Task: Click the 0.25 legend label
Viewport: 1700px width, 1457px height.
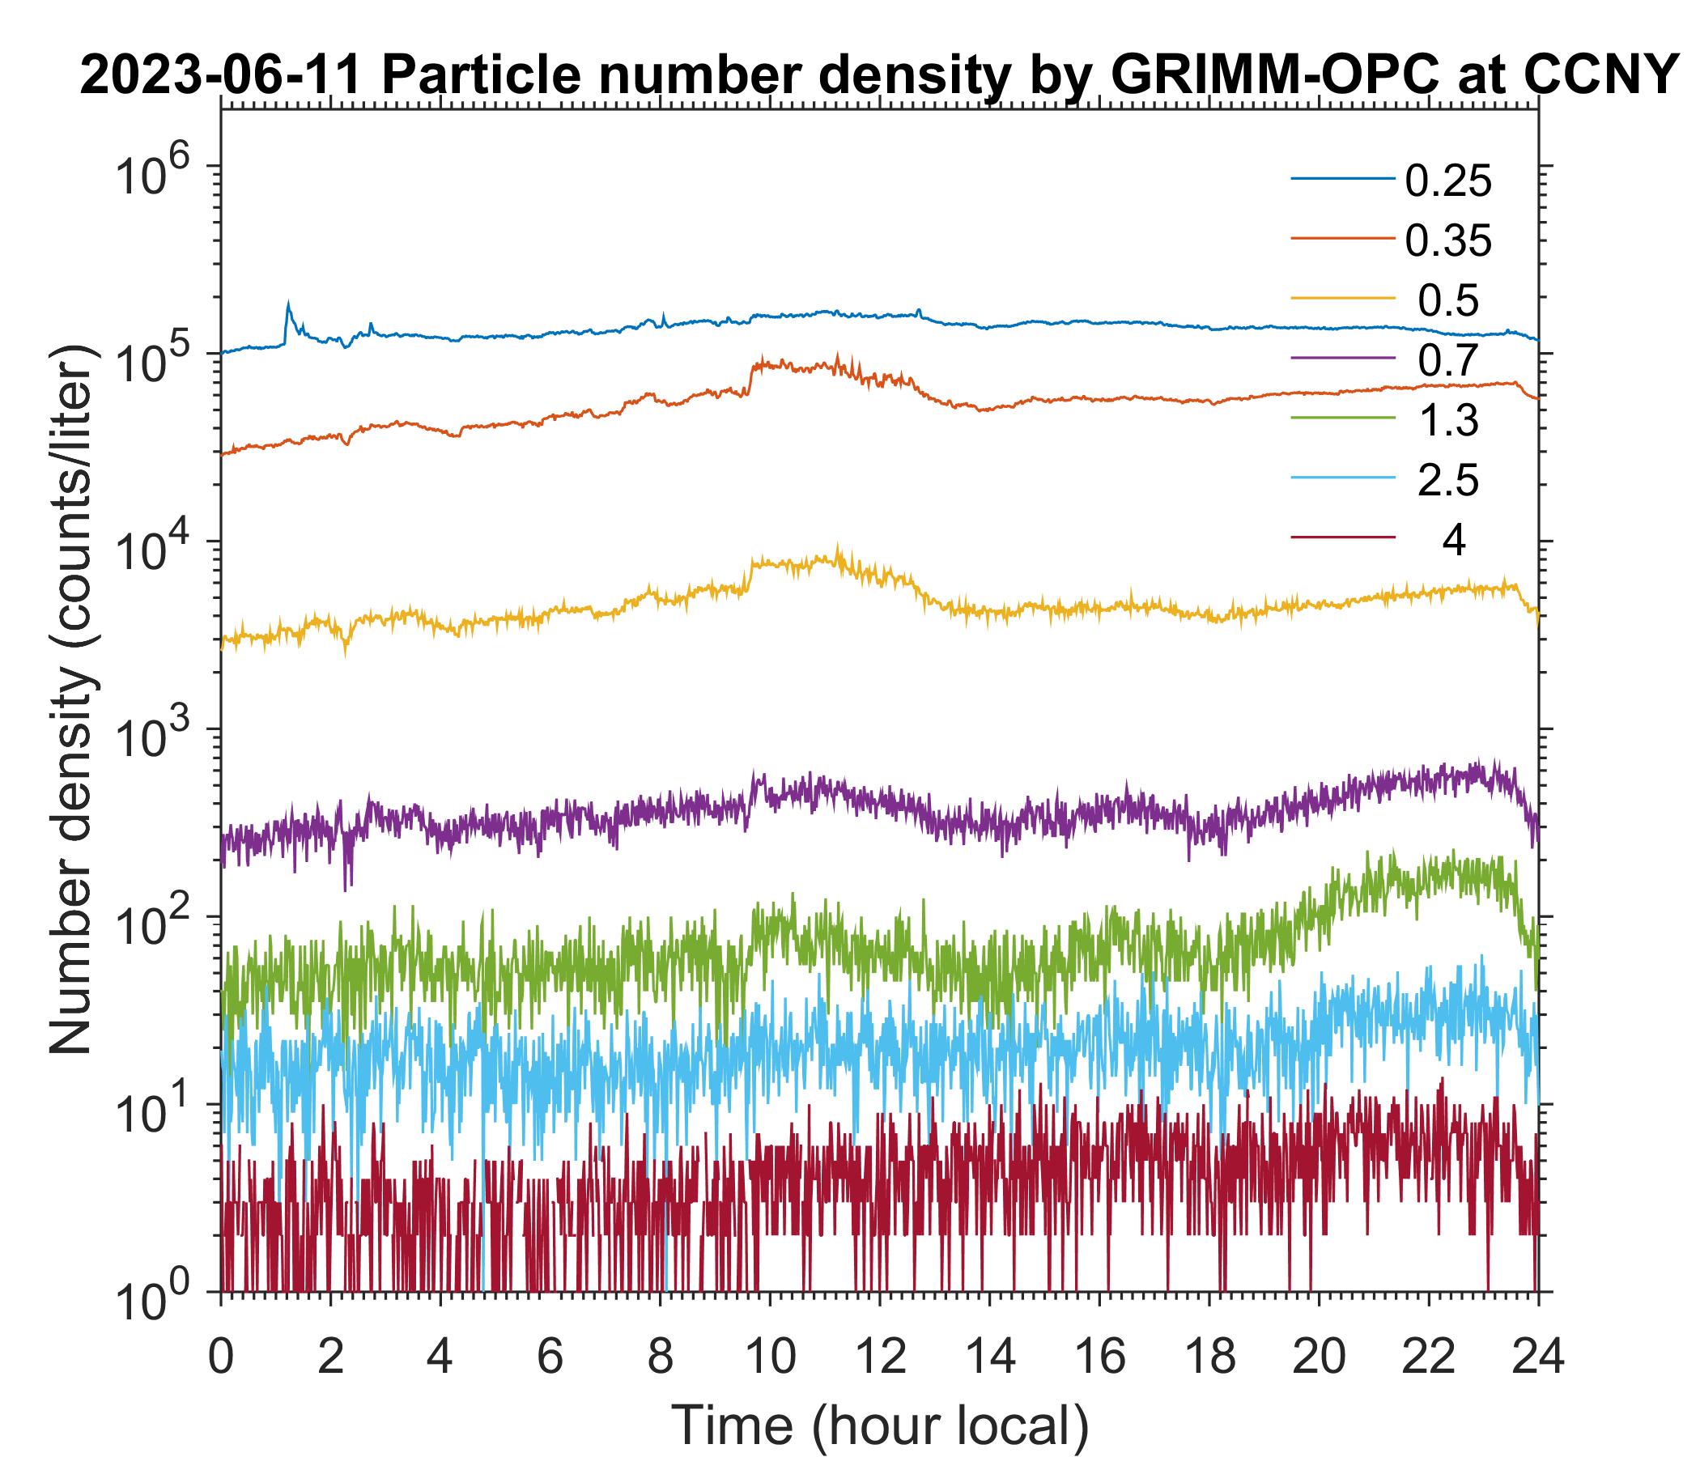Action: point(1447,181)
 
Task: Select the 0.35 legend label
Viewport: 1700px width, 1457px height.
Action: point(1447,241)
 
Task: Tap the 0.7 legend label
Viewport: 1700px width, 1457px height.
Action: point(1447,360)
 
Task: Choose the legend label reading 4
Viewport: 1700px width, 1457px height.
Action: point(1453,541)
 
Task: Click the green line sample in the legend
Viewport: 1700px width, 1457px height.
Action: point(1342,418)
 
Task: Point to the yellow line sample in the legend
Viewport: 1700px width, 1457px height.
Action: point(1342,299)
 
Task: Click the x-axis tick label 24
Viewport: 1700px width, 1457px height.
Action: point(1537,1357)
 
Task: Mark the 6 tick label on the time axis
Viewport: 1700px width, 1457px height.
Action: point(550,1357)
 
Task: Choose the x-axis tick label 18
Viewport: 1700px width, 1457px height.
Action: point(1209,1357)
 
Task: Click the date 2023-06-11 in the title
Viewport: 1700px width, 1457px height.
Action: point(222,77)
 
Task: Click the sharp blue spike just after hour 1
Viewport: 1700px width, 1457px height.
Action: point(288,304)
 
